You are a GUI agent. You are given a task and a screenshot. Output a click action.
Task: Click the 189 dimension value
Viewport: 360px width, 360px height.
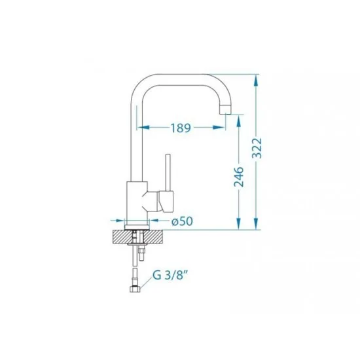(181, 128)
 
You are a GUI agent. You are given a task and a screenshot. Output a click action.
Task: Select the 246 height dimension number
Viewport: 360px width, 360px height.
(239, 177)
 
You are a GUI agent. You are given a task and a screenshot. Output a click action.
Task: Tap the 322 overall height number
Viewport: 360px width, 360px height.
(257, 148)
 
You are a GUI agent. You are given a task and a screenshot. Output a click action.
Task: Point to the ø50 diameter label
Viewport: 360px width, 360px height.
(183, 221)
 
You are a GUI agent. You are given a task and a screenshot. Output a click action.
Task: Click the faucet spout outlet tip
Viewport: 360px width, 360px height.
(225, 109)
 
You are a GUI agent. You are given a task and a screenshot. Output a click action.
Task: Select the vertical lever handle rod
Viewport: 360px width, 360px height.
(168, 172)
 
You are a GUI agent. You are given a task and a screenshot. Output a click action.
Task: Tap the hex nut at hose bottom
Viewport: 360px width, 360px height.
(135, 289)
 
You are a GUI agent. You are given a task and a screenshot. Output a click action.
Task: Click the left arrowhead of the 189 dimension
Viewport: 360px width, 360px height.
(143, 127)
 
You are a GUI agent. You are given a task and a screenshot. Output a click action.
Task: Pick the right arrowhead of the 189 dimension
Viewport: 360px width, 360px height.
(219, 127)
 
